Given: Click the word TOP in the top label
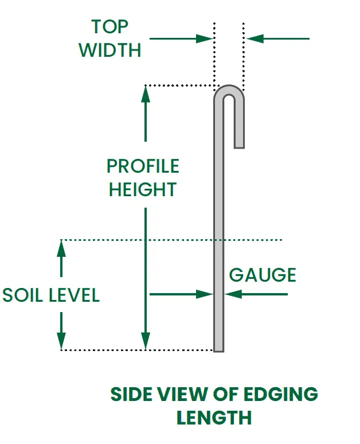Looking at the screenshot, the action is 110,26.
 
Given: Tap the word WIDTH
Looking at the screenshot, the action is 110,50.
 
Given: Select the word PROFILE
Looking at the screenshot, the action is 143,166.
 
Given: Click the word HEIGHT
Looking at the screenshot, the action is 143,189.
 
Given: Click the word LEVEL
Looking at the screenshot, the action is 75,295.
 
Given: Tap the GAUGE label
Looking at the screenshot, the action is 263,275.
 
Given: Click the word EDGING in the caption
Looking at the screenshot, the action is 280,394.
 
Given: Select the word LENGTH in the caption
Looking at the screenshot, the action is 214,418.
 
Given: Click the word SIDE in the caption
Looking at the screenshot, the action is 131,394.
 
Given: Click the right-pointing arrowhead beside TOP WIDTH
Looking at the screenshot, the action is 204,38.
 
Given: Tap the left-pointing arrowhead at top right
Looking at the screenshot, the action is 255,38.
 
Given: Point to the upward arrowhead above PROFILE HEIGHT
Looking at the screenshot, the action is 146,94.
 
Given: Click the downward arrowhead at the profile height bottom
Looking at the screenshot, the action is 146,341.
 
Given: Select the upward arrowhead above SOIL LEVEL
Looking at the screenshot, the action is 61,248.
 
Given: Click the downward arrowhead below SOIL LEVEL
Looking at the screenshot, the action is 61,341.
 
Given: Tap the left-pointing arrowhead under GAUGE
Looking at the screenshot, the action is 233,294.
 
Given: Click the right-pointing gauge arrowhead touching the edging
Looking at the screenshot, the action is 204,294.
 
